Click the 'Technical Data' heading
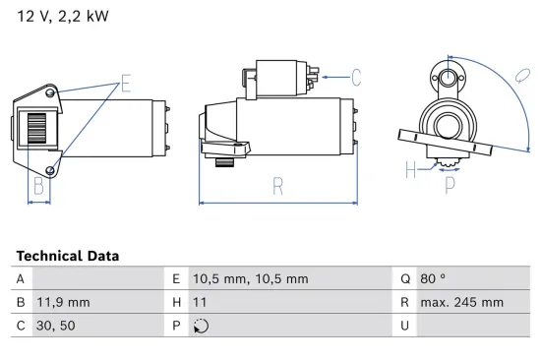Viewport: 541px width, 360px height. pyautogui.click(x=67, y=256)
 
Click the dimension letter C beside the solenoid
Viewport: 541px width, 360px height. pyautogui.click(x=355, y=77)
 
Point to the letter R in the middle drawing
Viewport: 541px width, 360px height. pyautogui.click(x=277, y=184)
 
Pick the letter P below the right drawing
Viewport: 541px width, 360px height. pyautogui.click(x=450, y=182)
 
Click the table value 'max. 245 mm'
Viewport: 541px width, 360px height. pyautogui.click(x=461, y=303)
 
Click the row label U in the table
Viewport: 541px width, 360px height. pyautogui.click(x=404, y=327)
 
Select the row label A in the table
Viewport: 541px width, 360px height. pyautogui.click(x=21, y=279)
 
